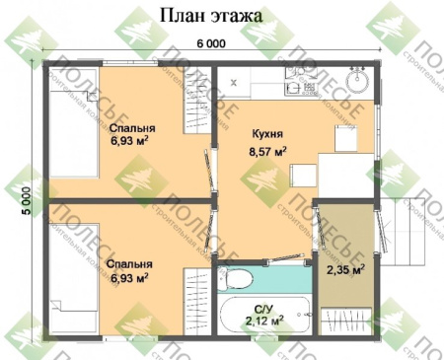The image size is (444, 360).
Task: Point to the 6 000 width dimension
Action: tap(210, 43)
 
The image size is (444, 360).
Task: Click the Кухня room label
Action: tap(267, 131)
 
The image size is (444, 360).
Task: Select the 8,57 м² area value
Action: tap(266, 152)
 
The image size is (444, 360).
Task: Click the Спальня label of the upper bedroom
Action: tap(130, 129)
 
